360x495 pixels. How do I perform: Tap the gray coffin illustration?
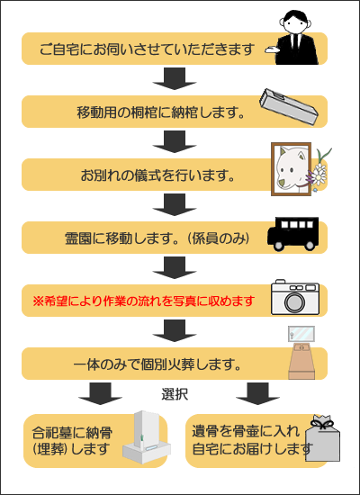289,107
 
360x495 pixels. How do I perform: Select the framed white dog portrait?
292,169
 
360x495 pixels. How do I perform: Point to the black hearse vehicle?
293,234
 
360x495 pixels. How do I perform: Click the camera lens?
295,302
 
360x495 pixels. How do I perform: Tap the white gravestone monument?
146,439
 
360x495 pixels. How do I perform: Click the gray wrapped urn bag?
322,438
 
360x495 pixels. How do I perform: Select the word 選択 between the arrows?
175,394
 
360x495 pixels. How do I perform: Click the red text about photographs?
144,301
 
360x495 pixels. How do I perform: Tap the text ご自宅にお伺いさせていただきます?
148,49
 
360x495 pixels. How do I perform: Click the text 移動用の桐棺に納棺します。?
161,112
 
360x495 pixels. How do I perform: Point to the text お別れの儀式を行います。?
157,175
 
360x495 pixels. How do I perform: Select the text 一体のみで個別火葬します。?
157,364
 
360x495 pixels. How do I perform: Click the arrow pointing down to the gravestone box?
100,393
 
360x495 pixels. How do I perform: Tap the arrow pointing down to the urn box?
257,393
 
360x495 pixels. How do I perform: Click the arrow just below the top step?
175,78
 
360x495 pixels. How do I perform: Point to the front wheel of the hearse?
279,246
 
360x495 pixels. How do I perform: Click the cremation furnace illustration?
301,353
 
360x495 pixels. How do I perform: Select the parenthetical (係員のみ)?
219,238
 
